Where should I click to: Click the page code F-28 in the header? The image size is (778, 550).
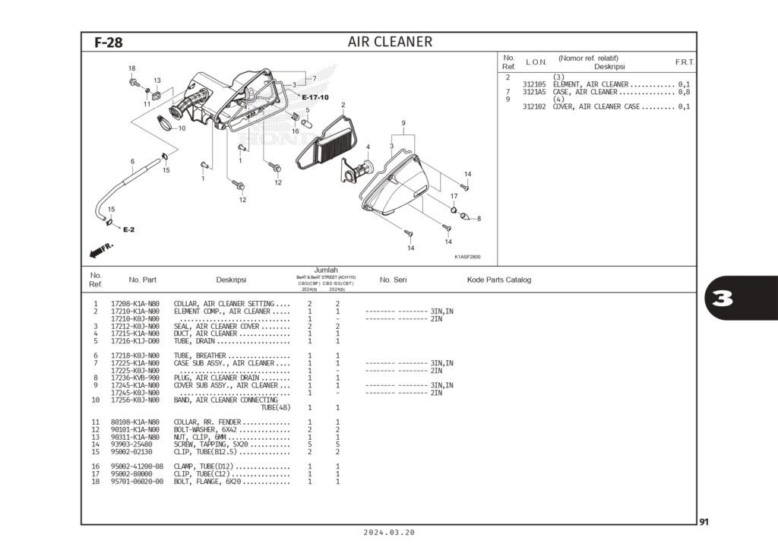(109, 43)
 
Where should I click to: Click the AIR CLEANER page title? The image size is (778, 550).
(390, 42)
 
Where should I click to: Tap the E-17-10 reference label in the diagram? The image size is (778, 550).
(315, 97)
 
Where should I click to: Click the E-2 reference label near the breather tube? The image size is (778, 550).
(128, 229)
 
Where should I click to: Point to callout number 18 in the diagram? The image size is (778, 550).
(131, 68)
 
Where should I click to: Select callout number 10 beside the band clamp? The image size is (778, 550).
(182, 128)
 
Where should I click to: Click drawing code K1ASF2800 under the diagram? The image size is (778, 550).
(467, 256)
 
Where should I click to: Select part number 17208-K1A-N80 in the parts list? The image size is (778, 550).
(135, 304)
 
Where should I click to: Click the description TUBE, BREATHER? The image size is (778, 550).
(200, 356)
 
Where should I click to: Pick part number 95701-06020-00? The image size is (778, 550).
(138, 482)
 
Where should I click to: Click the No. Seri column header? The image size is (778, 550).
(393, 280)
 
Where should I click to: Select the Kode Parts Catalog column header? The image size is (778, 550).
(498, 280)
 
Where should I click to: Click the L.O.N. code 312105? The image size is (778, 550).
(534, 84)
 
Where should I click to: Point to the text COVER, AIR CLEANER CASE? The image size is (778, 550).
(596, 106)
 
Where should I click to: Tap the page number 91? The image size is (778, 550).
(704, 522)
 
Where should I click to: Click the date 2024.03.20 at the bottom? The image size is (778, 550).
(390, 533)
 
